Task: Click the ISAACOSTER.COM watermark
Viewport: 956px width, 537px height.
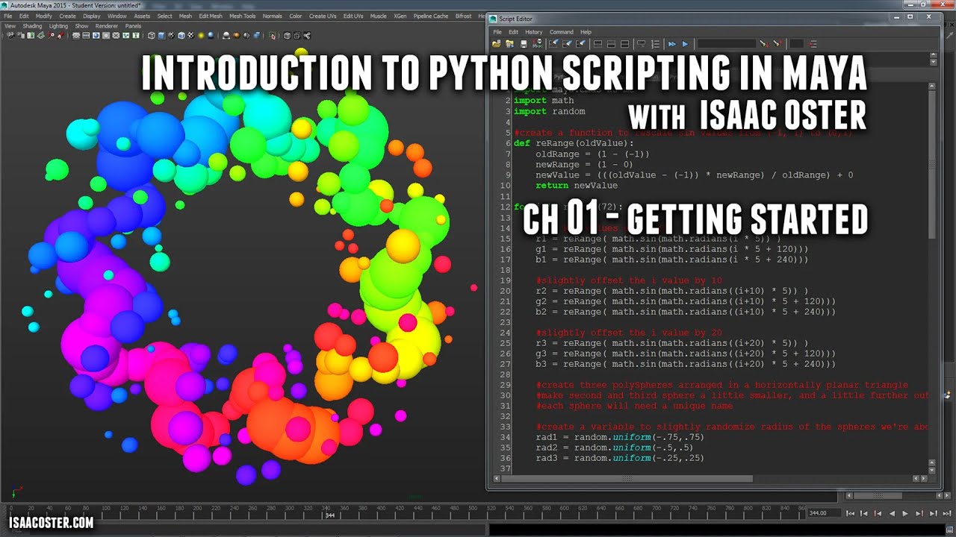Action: pyautogui.click(x=52, y=523)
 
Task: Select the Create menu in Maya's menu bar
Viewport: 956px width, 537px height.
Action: pyautogui.click(x=67, y=16)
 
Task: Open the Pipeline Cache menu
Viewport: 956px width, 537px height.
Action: pyautogui.click(x=431, y=16)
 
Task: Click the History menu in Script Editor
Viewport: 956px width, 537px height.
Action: pyautogui.click(x=533, y=32)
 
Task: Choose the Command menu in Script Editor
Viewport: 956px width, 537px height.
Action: pyautogui.click(x=561, y=32)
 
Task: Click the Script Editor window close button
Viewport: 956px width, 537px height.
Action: pyautogui.click(x=930, y=16)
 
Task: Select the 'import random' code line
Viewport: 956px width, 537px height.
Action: pyautogui.click(x=549, y=111)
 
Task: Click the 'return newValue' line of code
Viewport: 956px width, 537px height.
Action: pyautogui.click(x=576, y=185)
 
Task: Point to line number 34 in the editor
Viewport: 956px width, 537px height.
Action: pyautogui.click(x=506, y=437)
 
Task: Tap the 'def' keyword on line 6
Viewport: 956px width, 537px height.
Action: pyautogui.click(x=522, y=143)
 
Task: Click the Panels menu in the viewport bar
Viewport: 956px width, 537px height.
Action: pyautogui.click(x=133, y=25)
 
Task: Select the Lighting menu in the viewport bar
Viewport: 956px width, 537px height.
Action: pyautogui.click(x=58, y=25)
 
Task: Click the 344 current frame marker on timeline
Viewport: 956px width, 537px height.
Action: pyautogui.click(x=329, y=515)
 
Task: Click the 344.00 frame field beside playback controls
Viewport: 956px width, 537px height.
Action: pyautogui.click(x=819, y=513)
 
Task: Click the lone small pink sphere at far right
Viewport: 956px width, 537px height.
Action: pyautogui.click(x=474, y=287)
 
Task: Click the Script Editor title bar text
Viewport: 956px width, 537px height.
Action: pyautogui.click(x=516, y=19)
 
